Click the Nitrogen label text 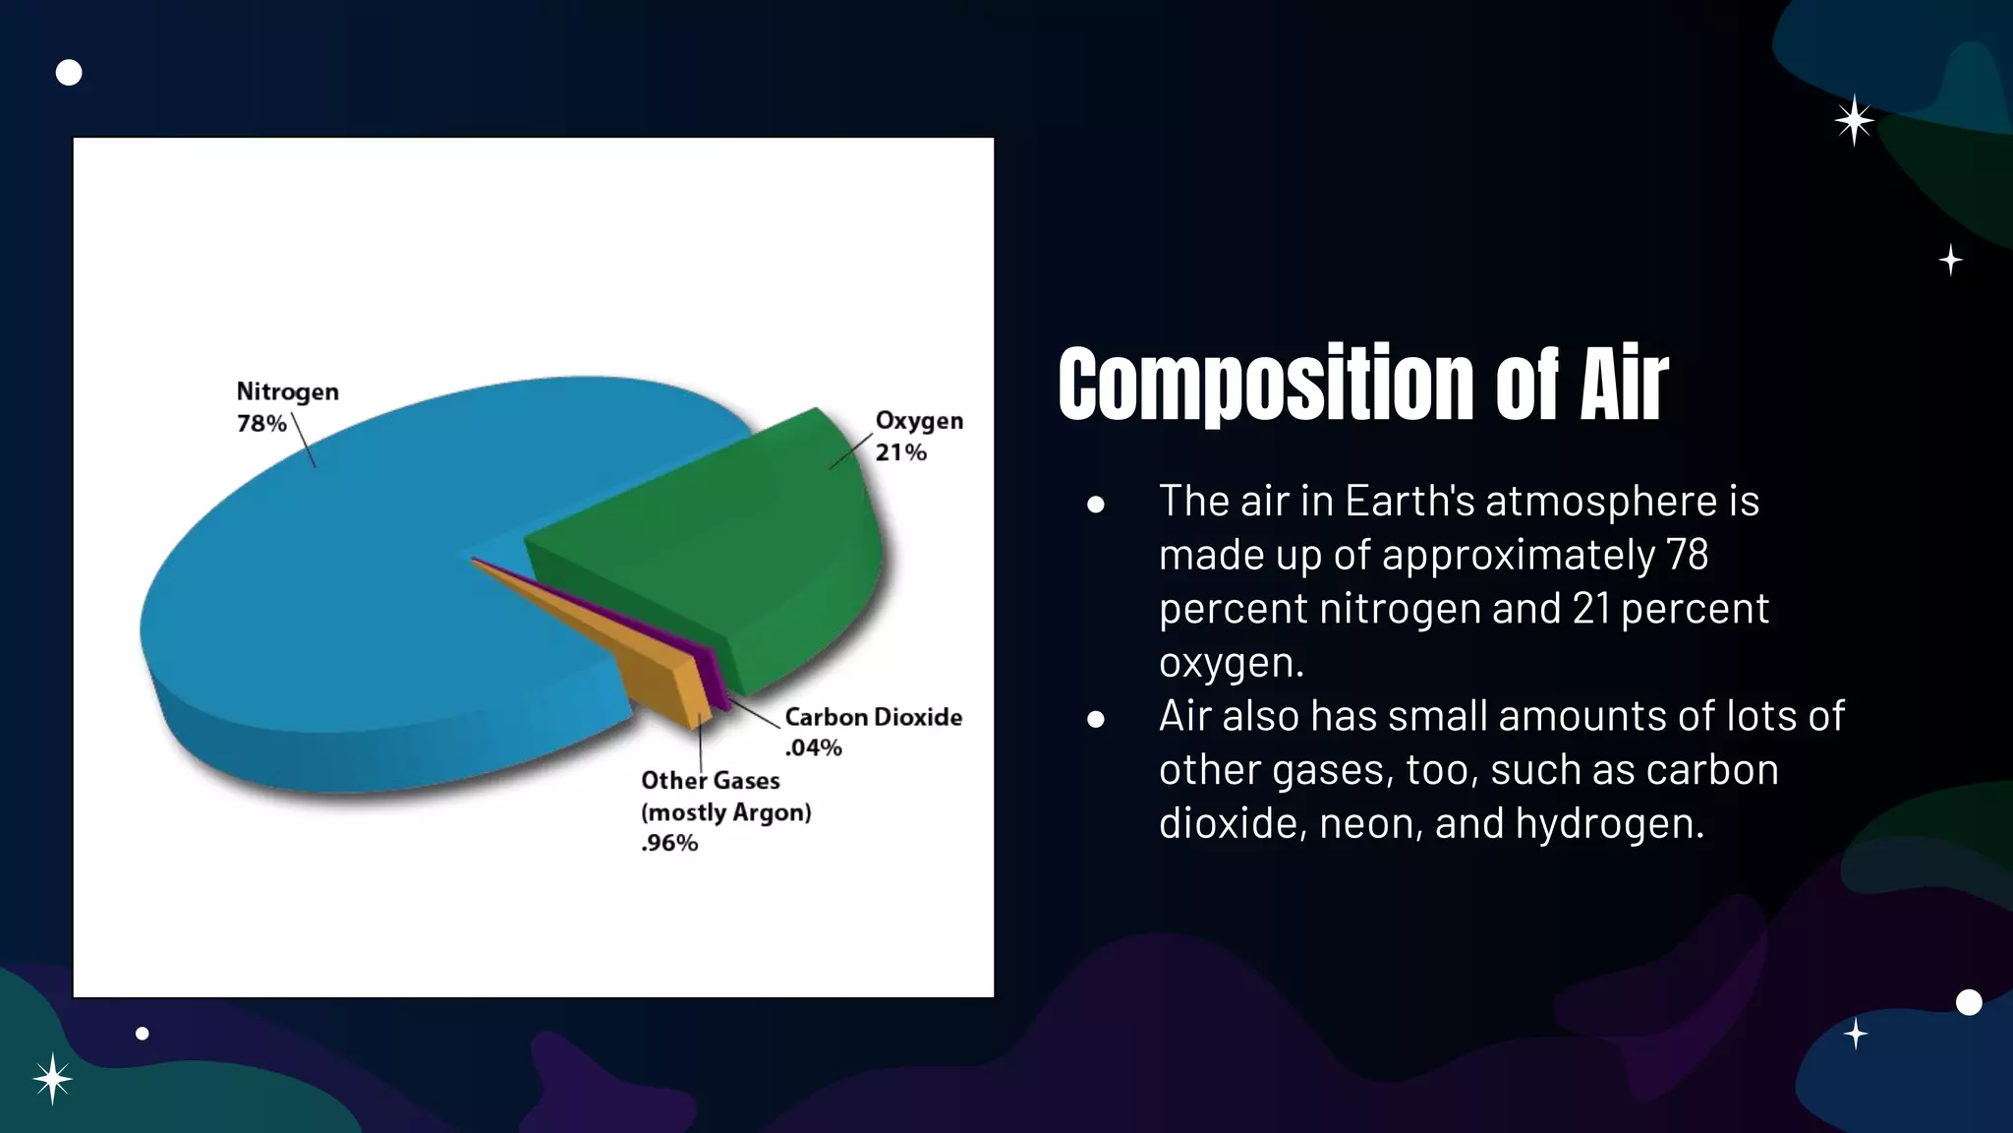[287, 391]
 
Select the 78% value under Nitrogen [261, 424]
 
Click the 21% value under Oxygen [900, 452]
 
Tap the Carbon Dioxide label [873, 717]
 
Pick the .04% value [813, 747]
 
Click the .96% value [669, 843]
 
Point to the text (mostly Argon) [725, 812]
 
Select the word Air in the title [1623, 386]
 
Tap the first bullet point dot [1096, 505]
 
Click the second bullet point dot [1096, 719]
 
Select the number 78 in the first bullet [1687, 555]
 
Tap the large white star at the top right [1854, 121]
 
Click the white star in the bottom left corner [52, 1079]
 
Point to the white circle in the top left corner [69, 73]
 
